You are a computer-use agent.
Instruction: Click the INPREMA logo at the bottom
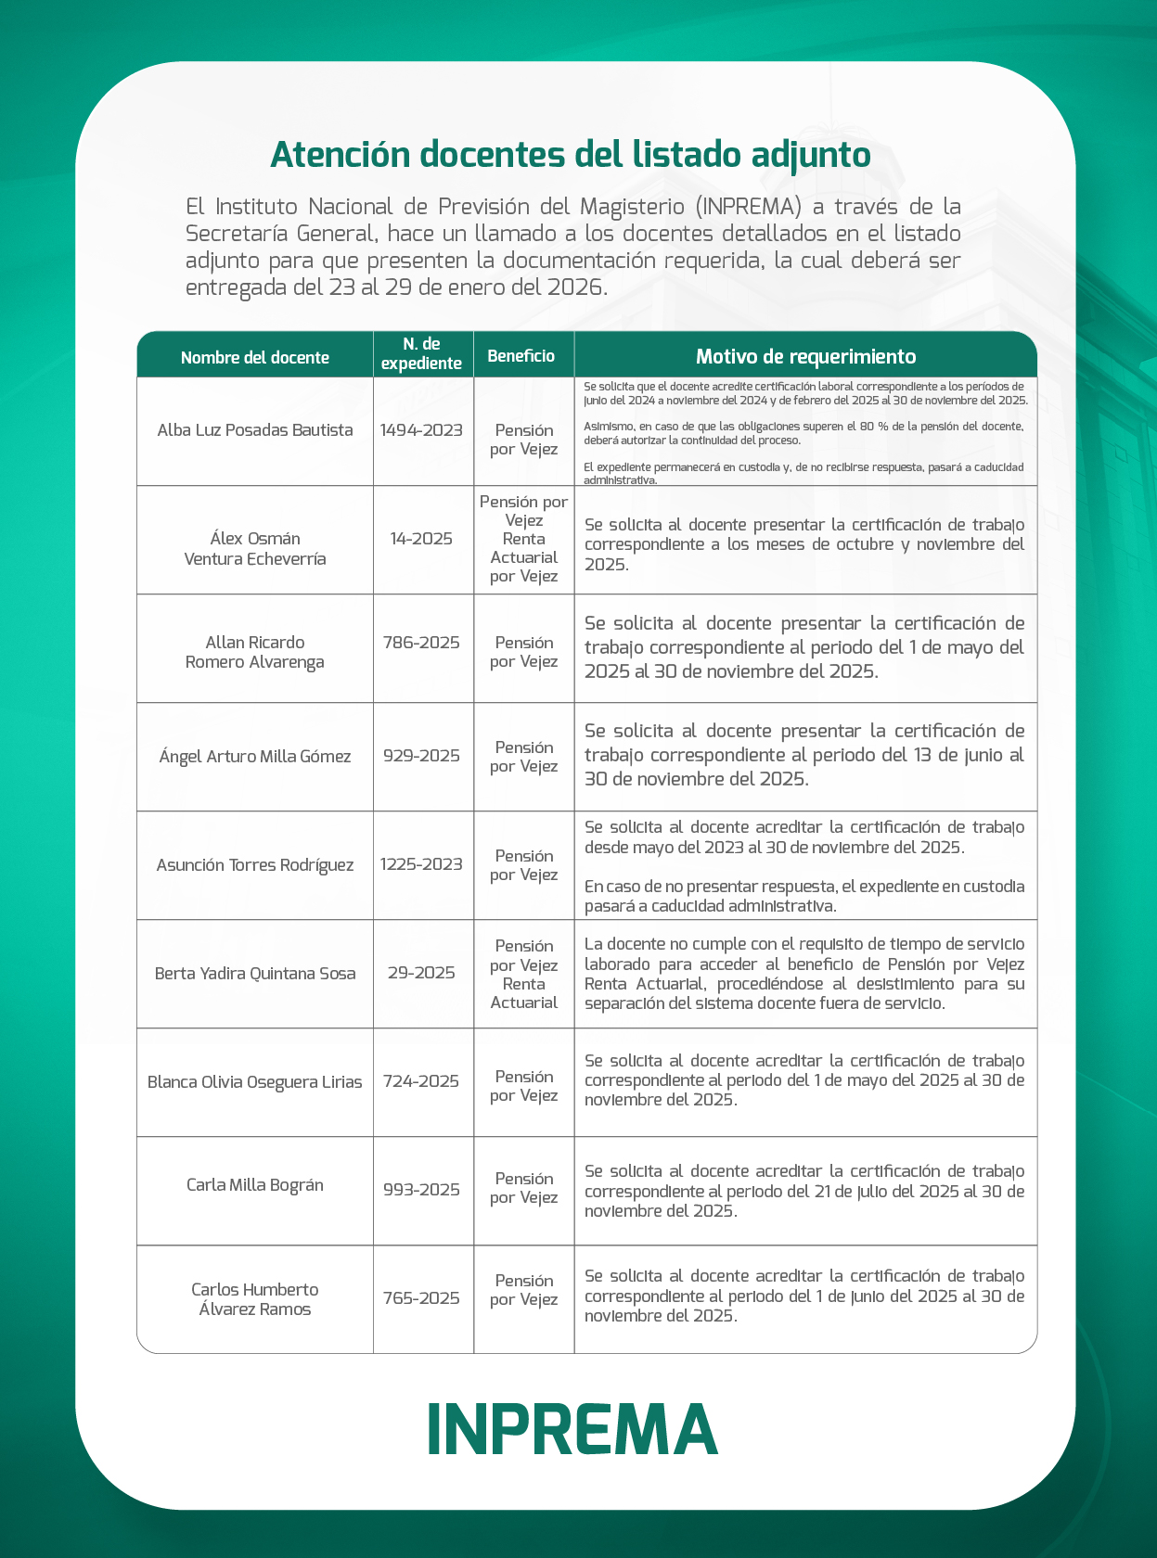click(x=572, y=1428)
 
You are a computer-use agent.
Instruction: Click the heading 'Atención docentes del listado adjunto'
click(x=570, y=155)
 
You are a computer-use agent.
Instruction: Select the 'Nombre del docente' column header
click(x=255, y=357)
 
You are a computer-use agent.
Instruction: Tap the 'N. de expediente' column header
click(x=421, y=354)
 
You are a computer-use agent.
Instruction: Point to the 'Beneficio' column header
click(x=521, y=356)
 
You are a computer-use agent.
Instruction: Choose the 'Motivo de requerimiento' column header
click(x=805, y=356)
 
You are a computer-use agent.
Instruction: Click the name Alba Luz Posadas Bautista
click(x=255, y=430)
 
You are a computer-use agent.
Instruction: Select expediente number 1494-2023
click(x=421, y=430)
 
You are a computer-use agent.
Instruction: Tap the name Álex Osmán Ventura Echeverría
click(x=255, y=548)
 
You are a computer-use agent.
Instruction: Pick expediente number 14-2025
click(x=421, y=539)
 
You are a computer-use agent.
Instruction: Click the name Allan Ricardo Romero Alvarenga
click(x=255, y=652)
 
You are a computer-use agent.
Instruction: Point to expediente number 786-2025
click(x=421, y=643)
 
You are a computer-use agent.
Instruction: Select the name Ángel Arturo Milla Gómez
click(x=255, y=757)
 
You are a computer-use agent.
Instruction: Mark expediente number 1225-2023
click(x=421, y=864)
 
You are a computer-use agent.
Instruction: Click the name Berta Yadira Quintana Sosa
click(x=255, y=974)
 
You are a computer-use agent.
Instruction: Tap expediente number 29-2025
click(x=421, y=973)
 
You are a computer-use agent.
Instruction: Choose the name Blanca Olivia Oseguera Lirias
click(x=255, y=1082)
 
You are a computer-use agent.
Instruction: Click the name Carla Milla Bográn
click(x=255, y=1185)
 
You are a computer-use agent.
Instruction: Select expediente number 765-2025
click(x=421, y=1298)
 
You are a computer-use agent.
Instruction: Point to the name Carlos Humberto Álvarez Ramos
click(x=255, y=1299)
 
